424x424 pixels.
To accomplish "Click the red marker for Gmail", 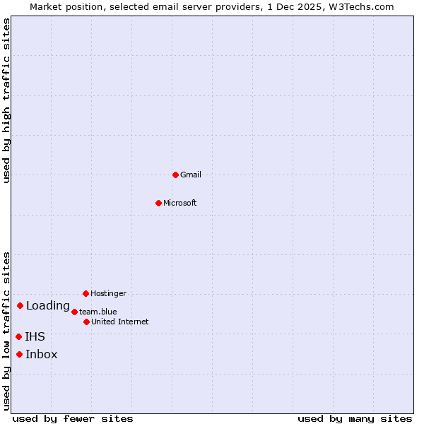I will pyautogui.click(x=176, y=175).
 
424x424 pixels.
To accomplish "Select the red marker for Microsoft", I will pyautogui.click(x=159, y=203).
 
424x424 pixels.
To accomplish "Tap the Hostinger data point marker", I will pyautogui.click(x=86, y=293).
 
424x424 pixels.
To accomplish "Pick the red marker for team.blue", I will pyautogui.click(x=74, y=312).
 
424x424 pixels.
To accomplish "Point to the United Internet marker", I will pyautogui.click(x=86, y=322).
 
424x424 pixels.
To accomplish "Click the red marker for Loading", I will pyautogui.click(x=20, y=305).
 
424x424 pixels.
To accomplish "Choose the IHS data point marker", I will pyautogui.click(x=19, y=336).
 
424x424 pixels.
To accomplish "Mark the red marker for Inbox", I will pyautogui.click(x=20, y=354).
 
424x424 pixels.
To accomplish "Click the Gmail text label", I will pyautogui.click(x=191, y=175).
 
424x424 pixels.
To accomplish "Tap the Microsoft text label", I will pyautogui.click(x=180, y=203).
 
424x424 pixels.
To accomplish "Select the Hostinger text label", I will pyautogui.click(x=108, y=293).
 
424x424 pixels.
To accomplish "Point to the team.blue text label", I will pyautogui.click(x=98, y=312).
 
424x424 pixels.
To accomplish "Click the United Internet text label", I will pyautogui.click(x=120, y=322).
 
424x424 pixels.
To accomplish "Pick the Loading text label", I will pyautogui.click(x=48, y=306).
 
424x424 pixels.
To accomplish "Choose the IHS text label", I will pyautogui.click(x=35, y=337).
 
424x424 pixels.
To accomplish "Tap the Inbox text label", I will pyautogui.click(x=42, y=355).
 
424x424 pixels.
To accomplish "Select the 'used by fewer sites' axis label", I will pyautogui.click(x=73, y=418).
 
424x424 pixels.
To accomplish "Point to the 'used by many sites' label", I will pyautogui.click(x=355, y=418).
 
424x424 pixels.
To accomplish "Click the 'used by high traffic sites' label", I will pyautogui.click(x=6, y=101).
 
